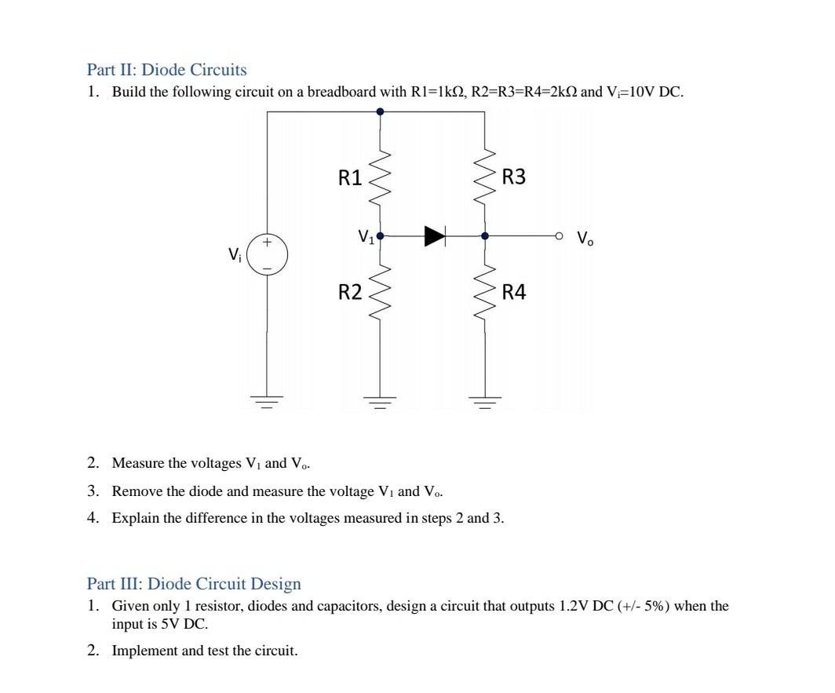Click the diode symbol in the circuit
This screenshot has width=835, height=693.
435,235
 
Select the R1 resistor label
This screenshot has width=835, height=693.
350,178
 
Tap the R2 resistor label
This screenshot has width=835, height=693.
350,294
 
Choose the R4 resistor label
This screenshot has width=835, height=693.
514,294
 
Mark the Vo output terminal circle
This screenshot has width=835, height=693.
559,235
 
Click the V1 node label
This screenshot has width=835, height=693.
365,235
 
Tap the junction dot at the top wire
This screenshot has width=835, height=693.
381,112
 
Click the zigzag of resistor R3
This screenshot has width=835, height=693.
484,177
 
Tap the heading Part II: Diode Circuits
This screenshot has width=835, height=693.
166,70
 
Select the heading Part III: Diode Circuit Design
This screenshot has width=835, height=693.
194,584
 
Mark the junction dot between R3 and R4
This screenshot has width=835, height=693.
485,235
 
